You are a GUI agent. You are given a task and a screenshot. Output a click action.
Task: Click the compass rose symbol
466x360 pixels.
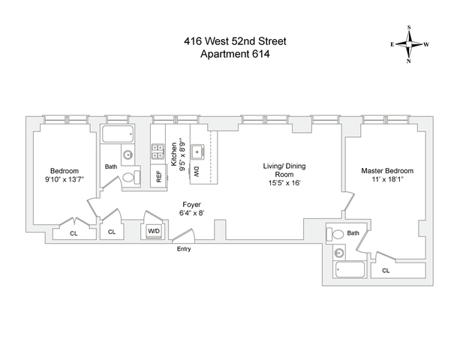410,44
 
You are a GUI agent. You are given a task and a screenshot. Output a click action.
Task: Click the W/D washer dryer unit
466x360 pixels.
155,231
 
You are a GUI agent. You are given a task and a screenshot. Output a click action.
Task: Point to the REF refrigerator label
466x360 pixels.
158,177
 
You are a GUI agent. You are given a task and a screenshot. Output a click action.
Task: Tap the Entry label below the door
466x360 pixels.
184,248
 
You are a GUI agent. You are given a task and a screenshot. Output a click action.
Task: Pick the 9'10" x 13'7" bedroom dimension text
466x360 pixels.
62,179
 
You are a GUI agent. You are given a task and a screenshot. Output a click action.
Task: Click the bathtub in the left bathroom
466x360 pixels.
118,136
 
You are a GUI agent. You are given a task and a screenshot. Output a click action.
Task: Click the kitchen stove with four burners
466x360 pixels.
158,152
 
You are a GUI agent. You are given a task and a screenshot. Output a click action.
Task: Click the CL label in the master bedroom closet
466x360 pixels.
386,270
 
